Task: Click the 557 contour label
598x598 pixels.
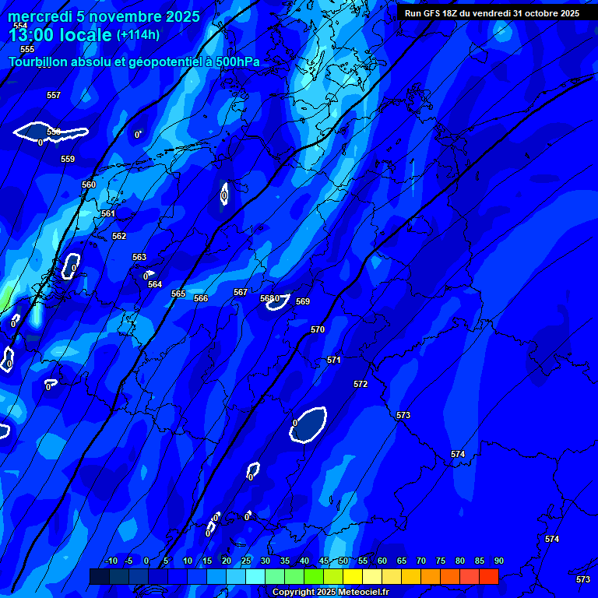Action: pos(54,95)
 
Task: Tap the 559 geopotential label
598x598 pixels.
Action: pos(68,159)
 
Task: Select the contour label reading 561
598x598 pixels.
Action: pos(108,213)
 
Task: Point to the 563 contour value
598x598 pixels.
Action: pos(139,257)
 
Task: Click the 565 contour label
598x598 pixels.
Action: pos(178,294)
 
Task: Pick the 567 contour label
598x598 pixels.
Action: pos(241,292)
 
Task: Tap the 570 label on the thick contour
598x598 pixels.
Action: pos(318,329)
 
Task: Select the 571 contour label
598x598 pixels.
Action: pos(334,360)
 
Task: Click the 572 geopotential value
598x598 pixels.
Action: pos(361,384)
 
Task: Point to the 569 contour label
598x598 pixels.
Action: pos(303,301)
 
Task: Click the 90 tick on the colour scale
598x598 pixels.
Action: pos(498,561)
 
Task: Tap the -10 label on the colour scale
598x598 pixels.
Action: pos(111,561)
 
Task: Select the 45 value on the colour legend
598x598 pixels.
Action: pos(324,561)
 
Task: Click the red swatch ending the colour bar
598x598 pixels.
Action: pos(488,576)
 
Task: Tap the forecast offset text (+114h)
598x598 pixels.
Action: pos(138,34)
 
